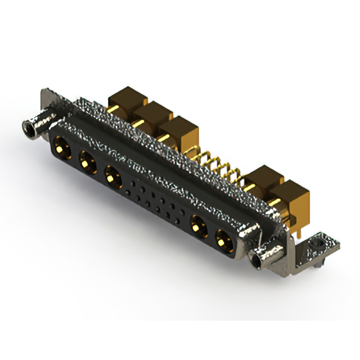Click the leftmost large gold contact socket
[x=60, y=149]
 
